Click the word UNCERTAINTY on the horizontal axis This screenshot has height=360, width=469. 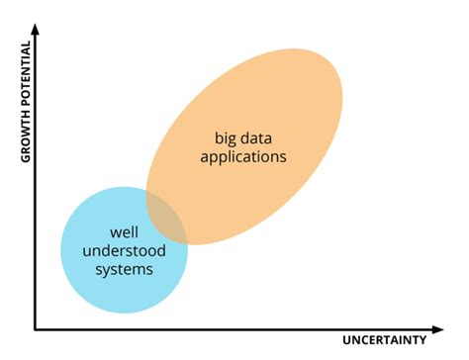pyautogui.click(x=385, y=340)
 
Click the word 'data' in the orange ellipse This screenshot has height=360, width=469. pyautogui.click(x=262, y=136)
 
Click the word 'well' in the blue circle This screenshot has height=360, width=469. pyautogui.click(x=124, y=231)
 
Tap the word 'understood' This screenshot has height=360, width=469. pyautogui.click(x=124, y=250)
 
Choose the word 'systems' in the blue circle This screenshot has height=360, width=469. pyautogui.click(x=124, y=269)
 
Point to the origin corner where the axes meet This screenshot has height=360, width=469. pyautogui.click(x=36, y=328)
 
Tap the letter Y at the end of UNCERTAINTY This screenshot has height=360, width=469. pyautogui.click(x=422, y=340)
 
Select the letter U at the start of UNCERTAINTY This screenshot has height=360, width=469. pyautogui.click(x=347, y=340)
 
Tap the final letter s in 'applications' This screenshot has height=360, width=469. pyautogui.click(x=283, y=156)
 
